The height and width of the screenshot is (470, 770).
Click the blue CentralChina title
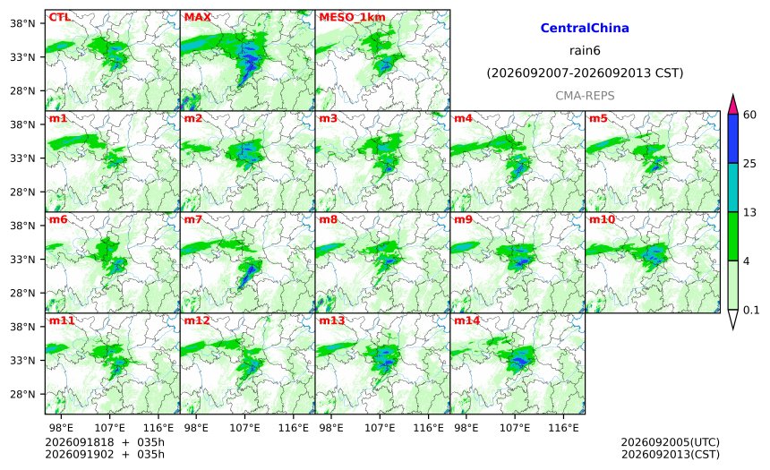click(x=585, y=28)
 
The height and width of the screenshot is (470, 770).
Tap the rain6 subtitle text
click(x=585, y=51)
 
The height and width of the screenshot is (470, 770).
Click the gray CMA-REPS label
click(x=585, y=96)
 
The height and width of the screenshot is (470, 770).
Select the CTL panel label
click(x=59, y=17)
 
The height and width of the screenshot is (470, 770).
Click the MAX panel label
click(x=197, y=17)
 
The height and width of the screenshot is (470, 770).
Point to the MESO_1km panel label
click(x=352, y=18)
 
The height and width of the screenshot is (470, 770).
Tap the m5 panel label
click(x=598, y=118)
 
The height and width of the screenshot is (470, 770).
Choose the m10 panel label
click(x=602, y=219)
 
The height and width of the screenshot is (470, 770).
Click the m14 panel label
click(x=466, y=320)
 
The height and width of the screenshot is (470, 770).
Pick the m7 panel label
click(x=193, y=219)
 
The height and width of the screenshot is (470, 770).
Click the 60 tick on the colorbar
click(x=750, y=115)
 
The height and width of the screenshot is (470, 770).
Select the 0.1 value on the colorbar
click(x=751, y=311)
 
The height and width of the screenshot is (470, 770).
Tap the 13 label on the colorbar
click(x=750, y=213)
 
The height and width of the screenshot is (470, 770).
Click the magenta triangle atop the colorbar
click(x=733, y=104)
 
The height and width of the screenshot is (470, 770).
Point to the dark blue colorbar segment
click(x=733, y=139)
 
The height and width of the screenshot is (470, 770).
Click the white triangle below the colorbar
click(x=733, y=320)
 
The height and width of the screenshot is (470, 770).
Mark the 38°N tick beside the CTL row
click(x=22, y=23)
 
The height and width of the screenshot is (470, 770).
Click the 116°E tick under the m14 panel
click(x=563, y=428)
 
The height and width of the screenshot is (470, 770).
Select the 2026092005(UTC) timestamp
click(x=671, y=442)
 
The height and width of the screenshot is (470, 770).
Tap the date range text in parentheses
click(x=585, y=73)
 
